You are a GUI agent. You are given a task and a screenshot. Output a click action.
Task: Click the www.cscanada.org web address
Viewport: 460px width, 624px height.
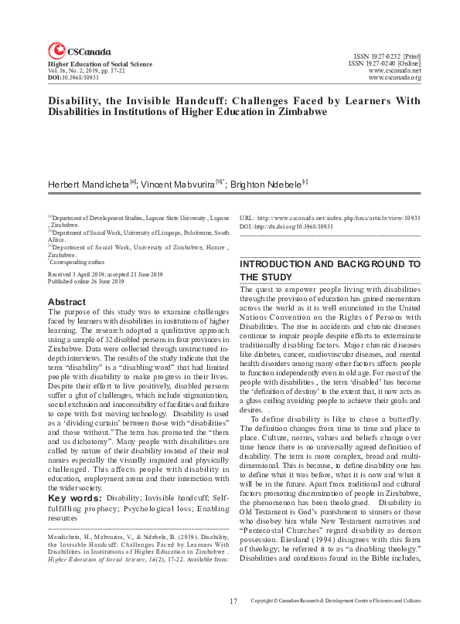(395, 78)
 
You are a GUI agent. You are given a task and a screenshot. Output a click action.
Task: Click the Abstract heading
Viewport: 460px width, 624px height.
(67, 301)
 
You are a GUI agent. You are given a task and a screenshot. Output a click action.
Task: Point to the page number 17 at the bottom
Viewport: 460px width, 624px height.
(233, 600)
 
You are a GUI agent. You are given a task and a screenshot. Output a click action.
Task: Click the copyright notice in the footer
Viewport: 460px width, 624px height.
(336, 600)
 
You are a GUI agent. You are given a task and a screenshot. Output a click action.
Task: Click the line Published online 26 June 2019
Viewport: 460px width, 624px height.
(86, 282)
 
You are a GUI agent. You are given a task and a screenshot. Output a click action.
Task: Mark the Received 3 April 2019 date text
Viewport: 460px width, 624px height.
(78, 274)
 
